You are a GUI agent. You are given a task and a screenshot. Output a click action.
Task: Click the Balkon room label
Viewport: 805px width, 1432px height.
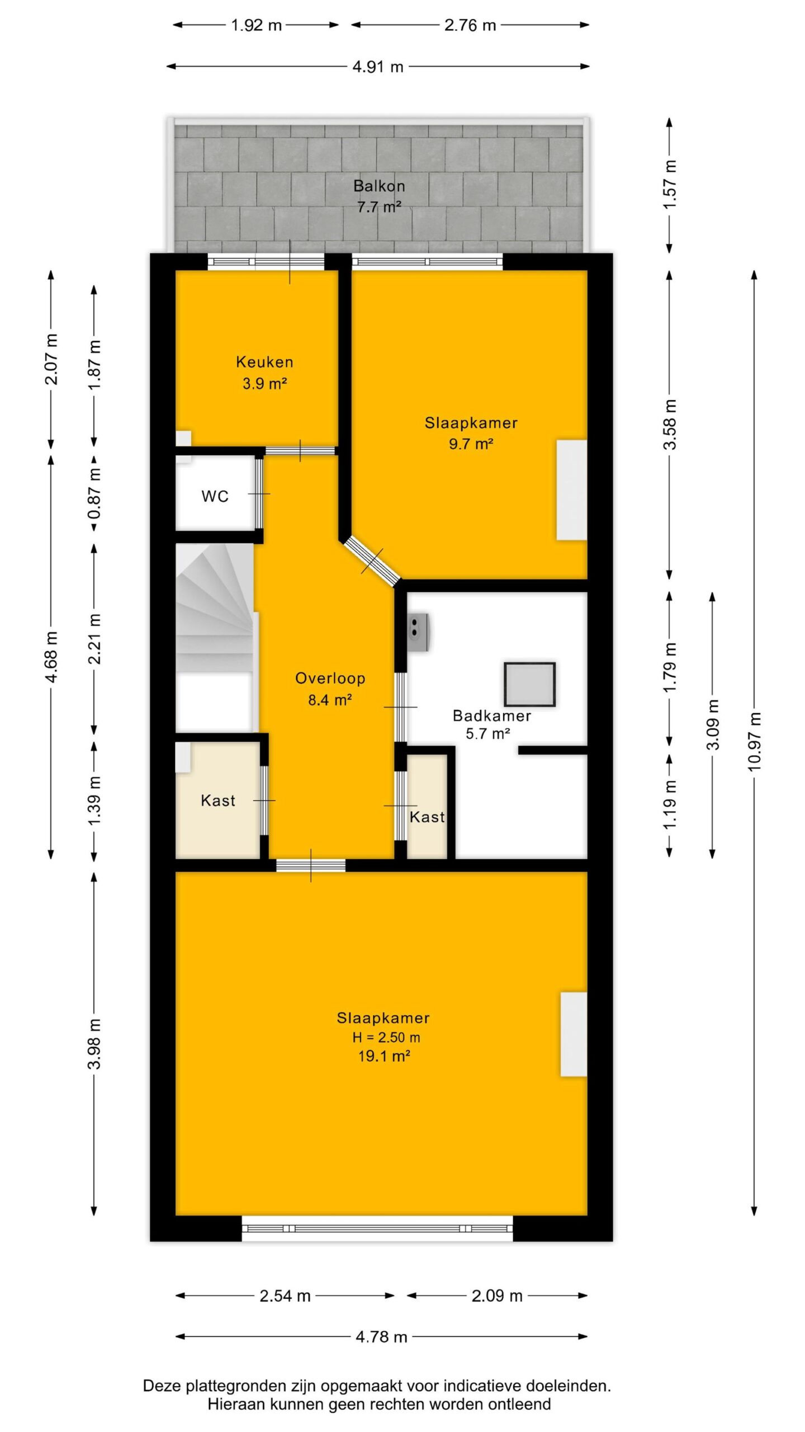378,186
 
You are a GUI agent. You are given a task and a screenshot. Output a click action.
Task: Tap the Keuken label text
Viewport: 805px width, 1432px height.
264,362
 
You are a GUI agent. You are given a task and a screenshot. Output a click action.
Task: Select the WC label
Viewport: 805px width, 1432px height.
215,496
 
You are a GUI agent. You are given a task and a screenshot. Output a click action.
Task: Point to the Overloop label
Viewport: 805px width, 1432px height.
330,678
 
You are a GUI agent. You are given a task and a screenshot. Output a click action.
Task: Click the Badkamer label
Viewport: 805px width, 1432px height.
491,715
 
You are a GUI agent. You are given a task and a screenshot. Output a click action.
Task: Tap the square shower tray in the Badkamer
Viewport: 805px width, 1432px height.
529,684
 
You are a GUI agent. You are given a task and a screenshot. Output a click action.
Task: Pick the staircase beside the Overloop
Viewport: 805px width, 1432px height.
215,637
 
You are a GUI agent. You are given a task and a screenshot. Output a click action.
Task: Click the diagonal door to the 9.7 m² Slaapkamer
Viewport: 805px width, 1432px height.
372,561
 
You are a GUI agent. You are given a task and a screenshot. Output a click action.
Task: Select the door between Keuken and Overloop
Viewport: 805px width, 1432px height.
300,451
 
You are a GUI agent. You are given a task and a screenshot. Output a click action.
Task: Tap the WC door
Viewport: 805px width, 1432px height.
259,493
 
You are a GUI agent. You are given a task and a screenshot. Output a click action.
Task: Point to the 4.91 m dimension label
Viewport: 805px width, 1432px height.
378,67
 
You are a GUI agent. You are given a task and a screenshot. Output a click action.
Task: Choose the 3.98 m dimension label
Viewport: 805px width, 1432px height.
94,1044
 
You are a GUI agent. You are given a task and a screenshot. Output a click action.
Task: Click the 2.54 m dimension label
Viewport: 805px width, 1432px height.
285,1296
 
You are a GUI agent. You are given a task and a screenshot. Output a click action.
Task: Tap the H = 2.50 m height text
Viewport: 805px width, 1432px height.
386,1037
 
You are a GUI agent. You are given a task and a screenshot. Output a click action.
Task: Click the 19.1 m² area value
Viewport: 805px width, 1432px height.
385,1056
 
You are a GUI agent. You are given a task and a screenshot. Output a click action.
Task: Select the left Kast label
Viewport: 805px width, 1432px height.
218,800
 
